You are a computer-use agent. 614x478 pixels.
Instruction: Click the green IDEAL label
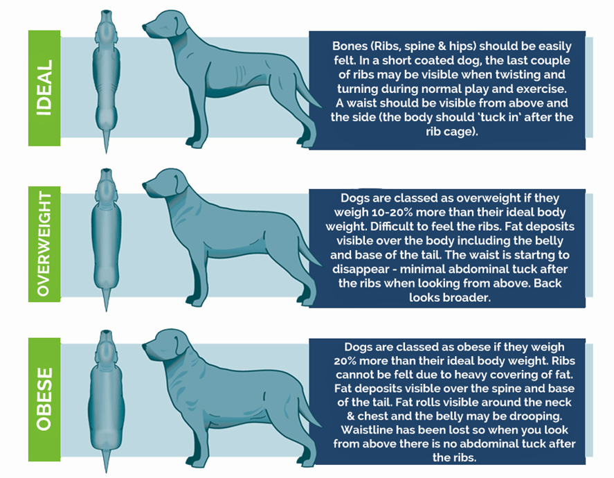tap(44, 88)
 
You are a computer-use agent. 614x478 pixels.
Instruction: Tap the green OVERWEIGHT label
tap(44, 244)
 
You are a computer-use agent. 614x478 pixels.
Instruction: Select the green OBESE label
tap(44, 399)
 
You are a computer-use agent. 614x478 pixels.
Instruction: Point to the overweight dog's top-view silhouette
tap(106, 240)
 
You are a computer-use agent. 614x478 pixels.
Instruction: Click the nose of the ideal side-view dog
tap(144, 28)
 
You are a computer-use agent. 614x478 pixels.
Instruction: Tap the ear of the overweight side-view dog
tap(180, 184)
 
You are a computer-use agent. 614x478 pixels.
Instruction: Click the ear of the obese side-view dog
tap(181, 345)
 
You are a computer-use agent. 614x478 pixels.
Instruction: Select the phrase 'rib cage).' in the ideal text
tap(452, 131)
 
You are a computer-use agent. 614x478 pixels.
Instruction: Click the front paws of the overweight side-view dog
tap(196, 301)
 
